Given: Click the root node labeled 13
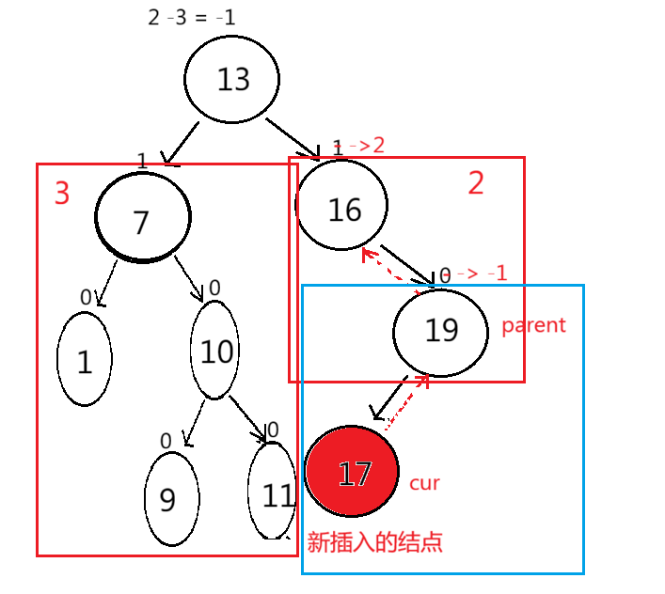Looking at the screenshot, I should (x=232, y=80).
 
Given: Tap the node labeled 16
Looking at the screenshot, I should (x=342, y=208).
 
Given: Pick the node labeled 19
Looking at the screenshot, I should (x=440, y=330).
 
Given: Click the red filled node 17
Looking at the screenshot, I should (x=353, y=473).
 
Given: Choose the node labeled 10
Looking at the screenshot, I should (x=215, y=352).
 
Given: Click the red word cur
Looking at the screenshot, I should (x=424, y=483).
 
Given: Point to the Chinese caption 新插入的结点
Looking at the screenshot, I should (x=374, y=542).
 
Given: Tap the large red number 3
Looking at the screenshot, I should (x=62, y=193).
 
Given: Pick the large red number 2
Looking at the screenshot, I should (x=476, y=183).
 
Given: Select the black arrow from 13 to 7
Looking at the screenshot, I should (x=182, y=142).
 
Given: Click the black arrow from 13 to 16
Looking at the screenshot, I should (x=292, y=137).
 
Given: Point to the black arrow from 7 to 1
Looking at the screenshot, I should (x=107, y=283).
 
